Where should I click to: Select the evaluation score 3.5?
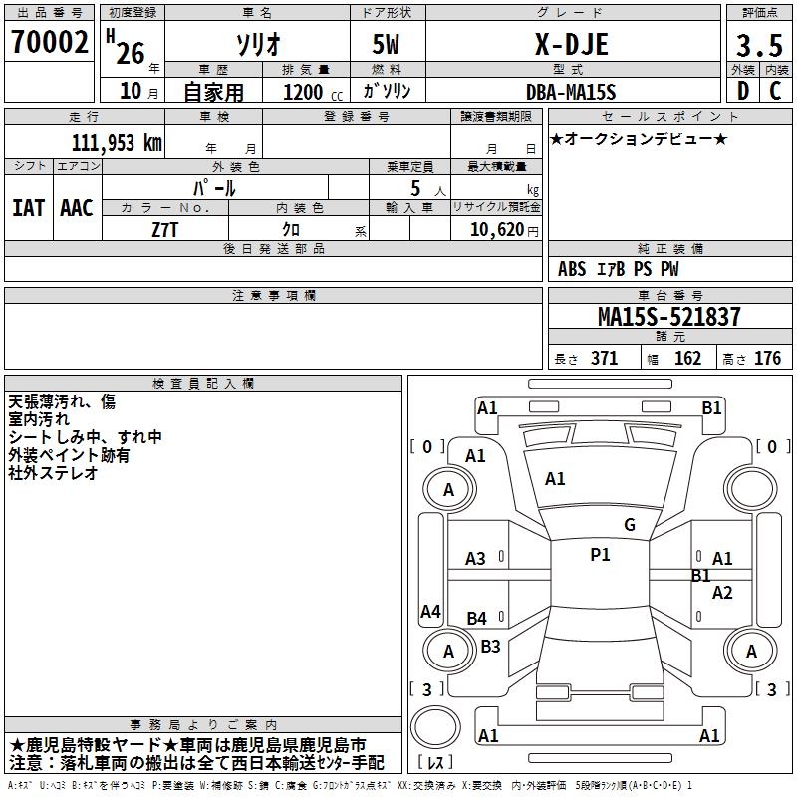[x=757, y=46]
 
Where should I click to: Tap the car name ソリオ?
[x=257, y=44]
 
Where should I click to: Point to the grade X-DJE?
[x=571, y=44]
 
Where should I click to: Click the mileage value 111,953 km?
[x=117, y=142]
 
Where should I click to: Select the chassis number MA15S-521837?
[x=668, y=317]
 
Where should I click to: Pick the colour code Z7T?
[x=166, y=229]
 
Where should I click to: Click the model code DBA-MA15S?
[x=571, y=92]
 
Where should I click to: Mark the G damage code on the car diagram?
[x=629, y=525]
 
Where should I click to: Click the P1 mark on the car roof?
[x=600, y=555]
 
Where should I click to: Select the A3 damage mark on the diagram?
[x=476, y=559]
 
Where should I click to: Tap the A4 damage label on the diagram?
[x=430, y=612]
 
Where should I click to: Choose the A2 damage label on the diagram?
[x=722, y=593]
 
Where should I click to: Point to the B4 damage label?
[x=477, y=619]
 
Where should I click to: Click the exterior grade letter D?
[x=742, y=91]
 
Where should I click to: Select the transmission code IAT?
[x=28, y=208]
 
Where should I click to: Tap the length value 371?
[x=604, y=359]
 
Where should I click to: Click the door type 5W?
[x=387, y=44]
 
